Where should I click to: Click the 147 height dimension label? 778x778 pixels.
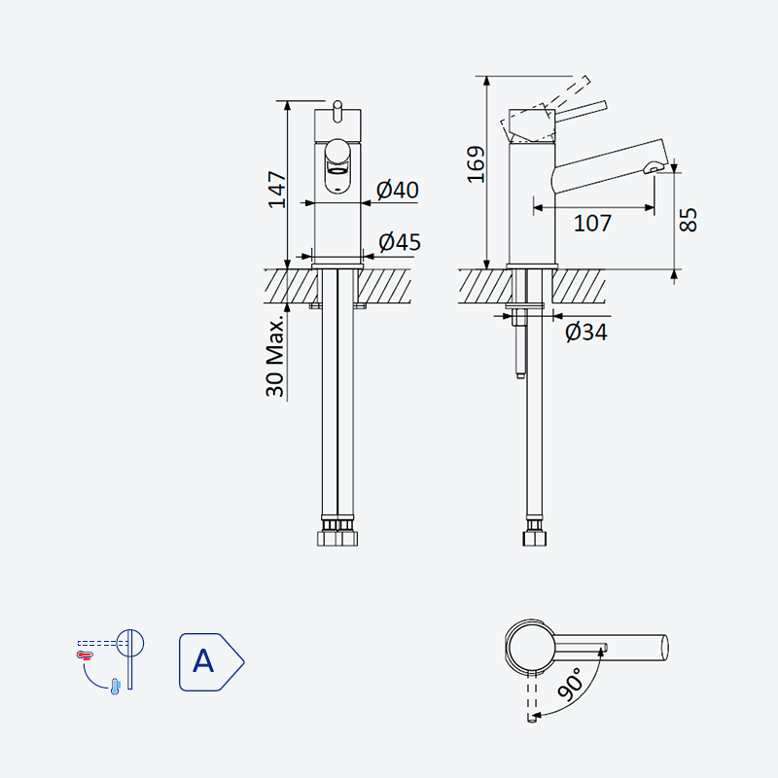tap(277, 190)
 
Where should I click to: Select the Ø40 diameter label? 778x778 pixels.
tap(398, 190)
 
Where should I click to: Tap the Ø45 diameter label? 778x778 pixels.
tap(400, 242)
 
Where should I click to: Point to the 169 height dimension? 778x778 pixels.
tap(477, 164)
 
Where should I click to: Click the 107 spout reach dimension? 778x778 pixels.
tap(592, 224)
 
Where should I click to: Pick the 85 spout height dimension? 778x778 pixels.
tap(688, 220)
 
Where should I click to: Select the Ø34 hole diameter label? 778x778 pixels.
tap(586, 332)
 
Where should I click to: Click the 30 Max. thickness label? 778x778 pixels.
tap(276, 356)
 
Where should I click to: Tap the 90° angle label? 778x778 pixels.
tap(570, 684)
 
